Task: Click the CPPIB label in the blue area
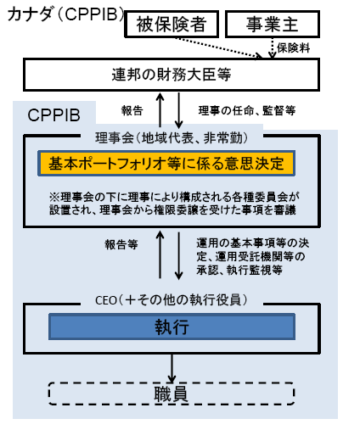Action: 56,114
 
